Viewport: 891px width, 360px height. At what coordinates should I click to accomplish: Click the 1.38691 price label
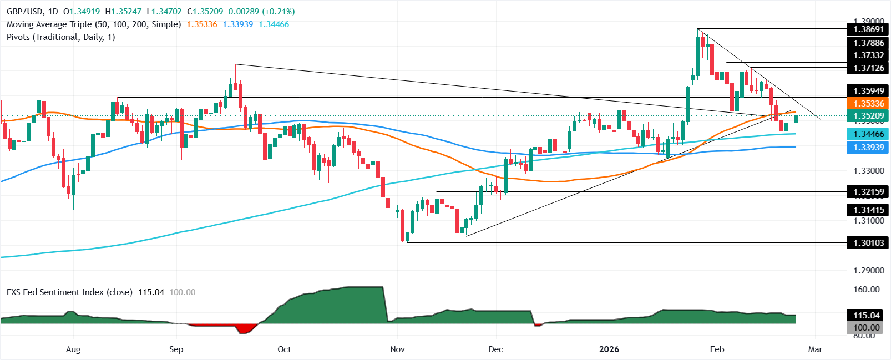click(868, 29)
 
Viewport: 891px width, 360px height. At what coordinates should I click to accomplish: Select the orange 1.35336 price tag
click(868, 104)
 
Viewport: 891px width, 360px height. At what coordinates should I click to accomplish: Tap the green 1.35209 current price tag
click(868, 116)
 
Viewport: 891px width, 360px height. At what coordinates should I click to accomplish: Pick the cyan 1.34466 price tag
click(868, 134)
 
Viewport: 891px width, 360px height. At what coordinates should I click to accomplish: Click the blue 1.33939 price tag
click(868, 147)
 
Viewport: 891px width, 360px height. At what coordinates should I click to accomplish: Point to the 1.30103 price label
click(868, 242)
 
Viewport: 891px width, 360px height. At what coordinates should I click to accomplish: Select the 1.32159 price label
click(868, 192)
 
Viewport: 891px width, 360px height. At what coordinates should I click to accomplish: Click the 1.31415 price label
click(868, 210)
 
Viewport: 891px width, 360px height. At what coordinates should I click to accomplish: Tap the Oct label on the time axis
click(284, 349)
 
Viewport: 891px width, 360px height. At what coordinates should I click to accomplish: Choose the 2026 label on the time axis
click(609, 349)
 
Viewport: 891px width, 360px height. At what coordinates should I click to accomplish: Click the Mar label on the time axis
click(815, 349)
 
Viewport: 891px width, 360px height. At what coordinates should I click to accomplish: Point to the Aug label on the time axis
click(73, 349)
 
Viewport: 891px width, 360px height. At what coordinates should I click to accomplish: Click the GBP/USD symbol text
click(24, 11)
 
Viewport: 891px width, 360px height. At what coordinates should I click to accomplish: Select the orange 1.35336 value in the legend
click(202, 24)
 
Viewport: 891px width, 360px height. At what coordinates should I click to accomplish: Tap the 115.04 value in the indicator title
click(151, 292)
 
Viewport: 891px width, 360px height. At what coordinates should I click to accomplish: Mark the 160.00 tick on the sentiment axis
click(866, 289)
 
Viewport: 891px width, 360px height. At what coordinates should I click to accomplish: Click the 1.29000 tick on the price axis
click(868, 271)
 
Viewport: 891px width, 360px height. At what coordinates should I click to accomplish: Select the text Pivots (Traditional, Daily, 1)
click(61, 37)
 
